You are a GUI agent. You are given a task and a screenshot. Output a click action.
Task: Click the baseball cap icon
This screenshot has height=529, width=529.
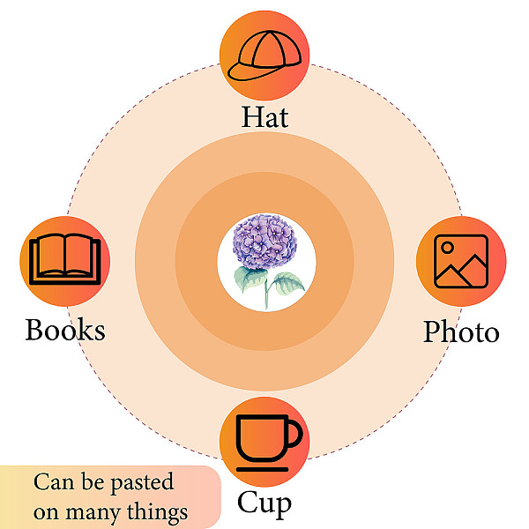pos(264,56)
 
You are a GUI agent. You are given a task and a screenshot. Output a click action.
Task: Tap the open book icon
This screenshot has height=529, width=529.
pos(65,259)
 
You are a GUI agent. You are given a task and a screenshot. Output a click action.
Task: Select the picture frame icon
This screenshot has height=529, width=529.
pos(461,262)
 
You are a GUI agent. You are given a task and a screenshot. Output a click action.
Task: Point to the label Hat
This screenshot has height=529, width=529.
pos(264,117)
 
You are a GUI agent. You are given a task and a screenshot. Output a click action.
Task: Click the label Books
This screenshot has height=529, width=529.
pos(65,329)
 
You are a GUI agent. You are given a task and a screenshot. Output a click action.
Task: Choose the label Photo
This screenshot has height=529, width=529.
pos(461,332)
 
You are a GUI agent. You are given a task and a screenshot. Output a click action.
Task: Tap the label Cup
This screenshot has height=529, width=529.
pos(264,503)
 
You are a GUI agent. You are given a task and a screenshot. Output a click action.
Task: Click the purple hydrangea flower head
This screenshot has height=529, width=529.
pos(264,242)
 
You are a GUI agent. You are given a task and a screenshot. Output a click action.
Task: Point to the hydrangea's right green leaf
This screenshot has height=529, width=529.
pos(287,283)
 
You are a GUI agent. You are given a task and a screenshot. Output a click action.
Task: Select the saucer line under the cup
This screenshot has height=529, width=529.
pos(262,469)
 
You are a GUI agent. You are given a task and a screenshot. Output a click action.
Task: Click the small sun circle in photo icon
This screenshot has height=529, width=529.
pos(447,248)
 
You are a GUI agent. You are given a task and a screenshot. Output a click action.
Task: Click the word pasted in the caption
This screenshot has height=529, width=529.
pos(142,483)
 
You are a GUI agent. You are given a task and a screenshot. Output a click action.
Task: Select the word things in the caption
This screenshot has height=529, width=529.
pos(157,511)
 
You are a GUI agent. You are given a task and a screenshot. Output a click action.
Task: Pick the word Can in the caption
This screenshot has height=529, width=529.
pos(54,481)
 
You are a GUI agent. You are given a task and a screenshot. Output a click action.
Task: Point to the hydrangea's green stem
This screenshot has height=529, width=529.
pos(266,289)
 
